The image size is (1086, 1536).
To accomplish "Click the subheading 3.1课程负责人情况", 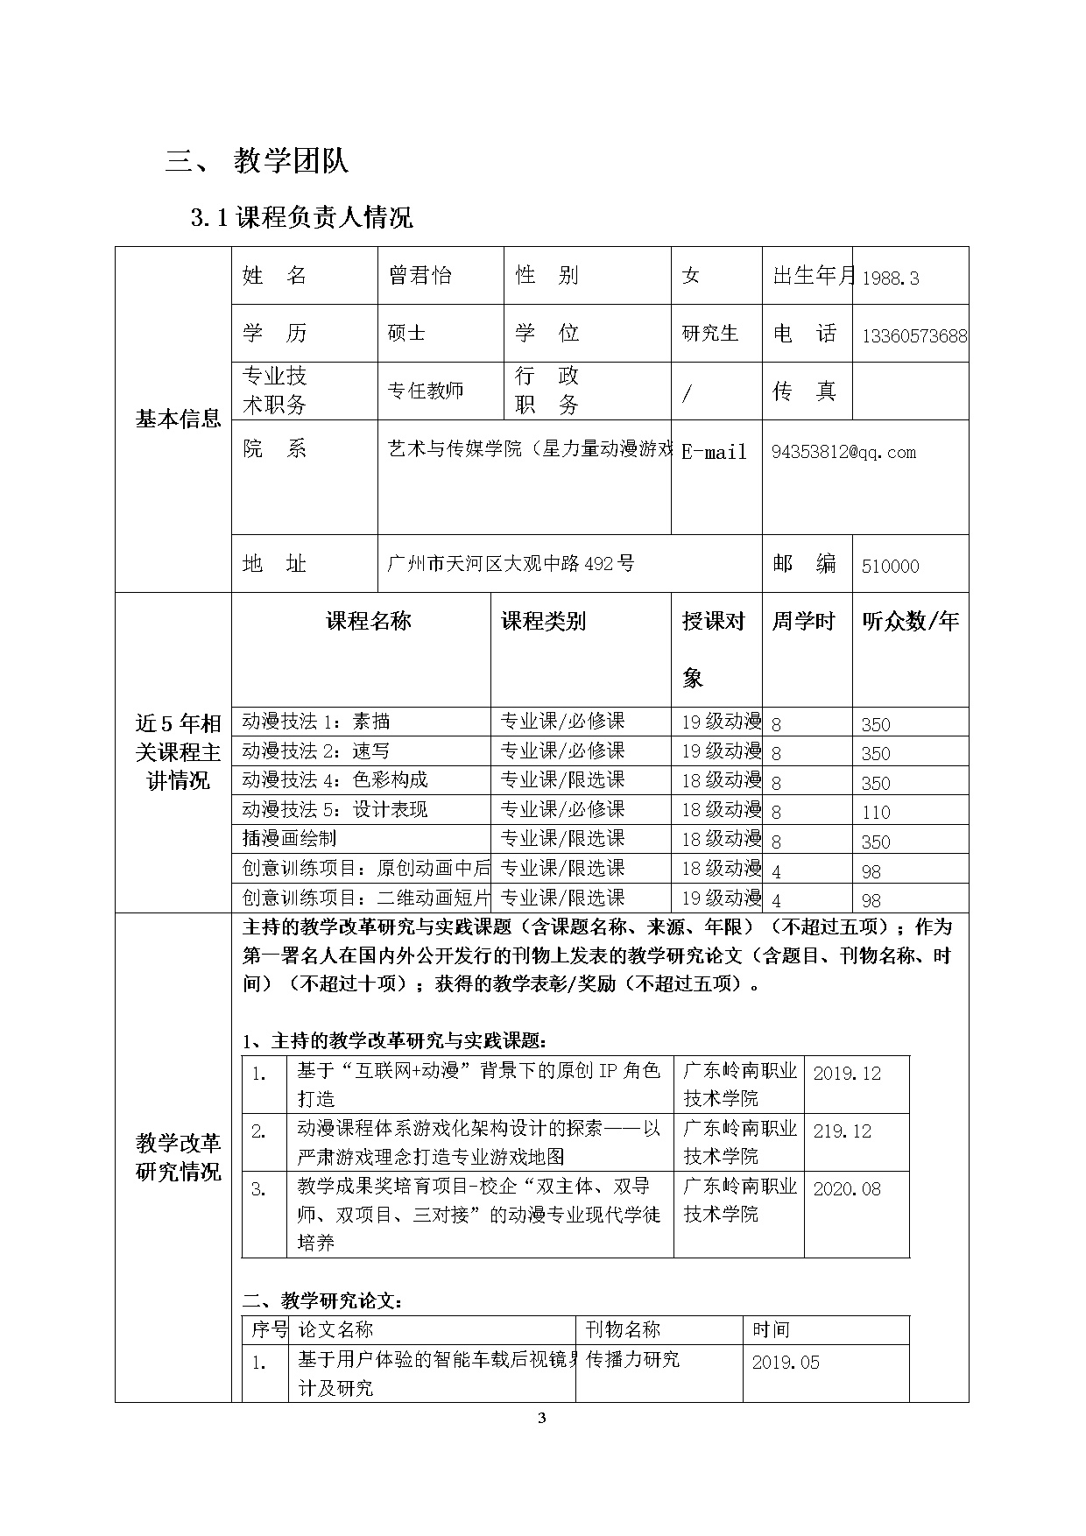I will (301, 217).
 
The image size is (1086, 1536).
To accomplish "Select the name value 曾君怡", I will (420, 276).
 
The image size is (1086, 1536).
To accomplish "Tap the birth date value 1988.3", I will (891, 278).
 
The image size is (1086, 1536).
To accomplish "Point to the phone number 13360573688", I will (914, 336).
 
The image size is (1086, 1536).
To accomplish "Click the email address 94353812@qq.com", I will (843, 452).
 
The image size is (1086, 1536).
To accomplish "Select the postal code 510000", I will (891, 567).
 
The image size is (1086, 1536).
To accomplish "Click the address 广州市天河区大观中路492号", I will (511, 563).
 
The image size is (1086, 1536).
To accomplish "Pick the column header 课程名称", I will (369, 622).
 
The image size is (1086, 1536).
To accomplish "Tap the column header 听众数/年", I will (910, 622).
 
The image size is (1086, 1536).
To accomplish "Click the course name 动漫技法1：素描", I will (316, 722).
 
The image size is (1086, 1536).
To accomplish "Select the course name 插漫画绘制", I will (289, 838).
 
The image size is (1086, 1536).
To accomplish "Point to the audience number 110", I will (876, 813).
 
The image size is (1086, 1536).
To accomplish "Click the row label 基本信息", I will (178, 419).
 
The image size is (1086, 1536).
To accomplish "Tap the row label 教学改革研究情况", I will (178, 1157).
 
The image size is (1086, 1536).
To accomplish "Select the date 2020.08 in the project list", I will (847, 1189).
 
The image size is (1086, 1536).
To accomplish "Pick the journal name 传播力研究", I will (632, 1359).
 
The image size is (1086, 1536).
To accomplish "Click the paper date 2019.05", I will (786, 1363).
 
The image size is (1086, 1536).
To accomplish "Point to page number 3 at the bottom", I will (541, 1420).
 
